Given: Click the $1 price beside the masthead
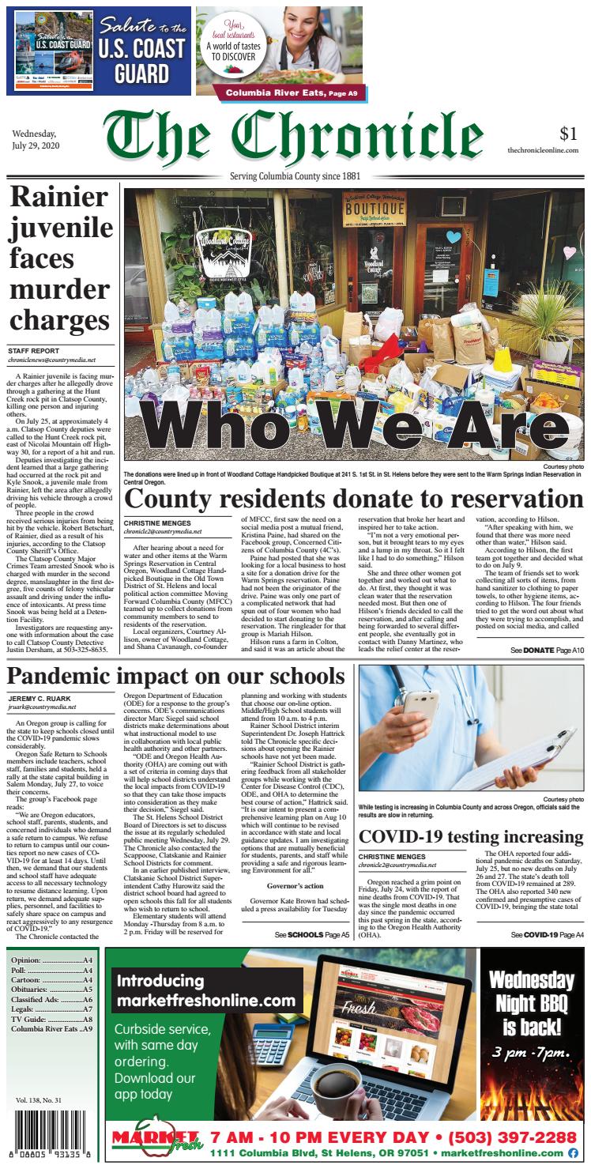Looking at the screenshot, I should pos(568,134).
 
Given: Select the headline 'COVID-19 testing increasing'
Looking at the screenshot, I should pos(471,837).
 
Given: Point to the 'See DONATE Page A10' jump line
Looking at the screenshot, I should pos(547,650).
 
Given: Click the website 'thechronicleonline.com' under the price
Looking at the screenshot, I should pos(543,150).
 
